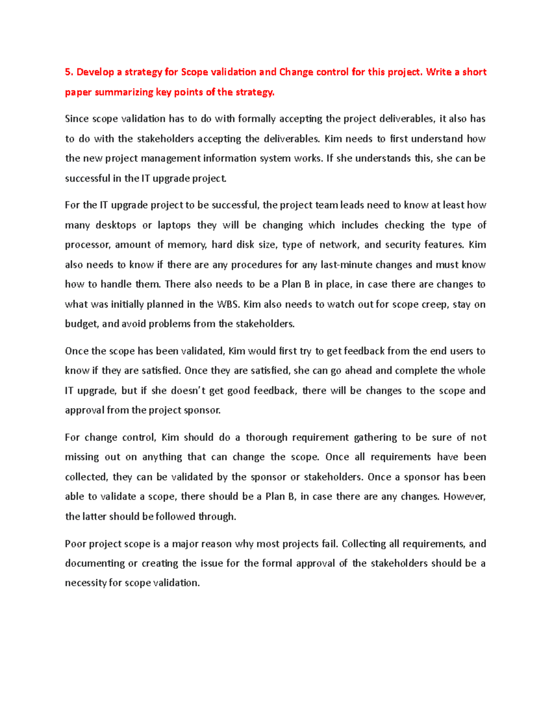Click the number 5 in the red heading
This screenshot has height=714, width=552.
point(68,72)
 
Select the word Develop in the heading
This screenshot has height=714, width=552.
point(95,72)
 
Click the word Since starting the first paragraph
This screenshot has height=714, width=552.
point(76,119)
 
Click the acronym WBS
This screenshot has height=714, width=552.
point(228,304)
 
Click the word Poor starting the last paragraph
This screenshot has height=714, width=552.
point(75,544)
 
